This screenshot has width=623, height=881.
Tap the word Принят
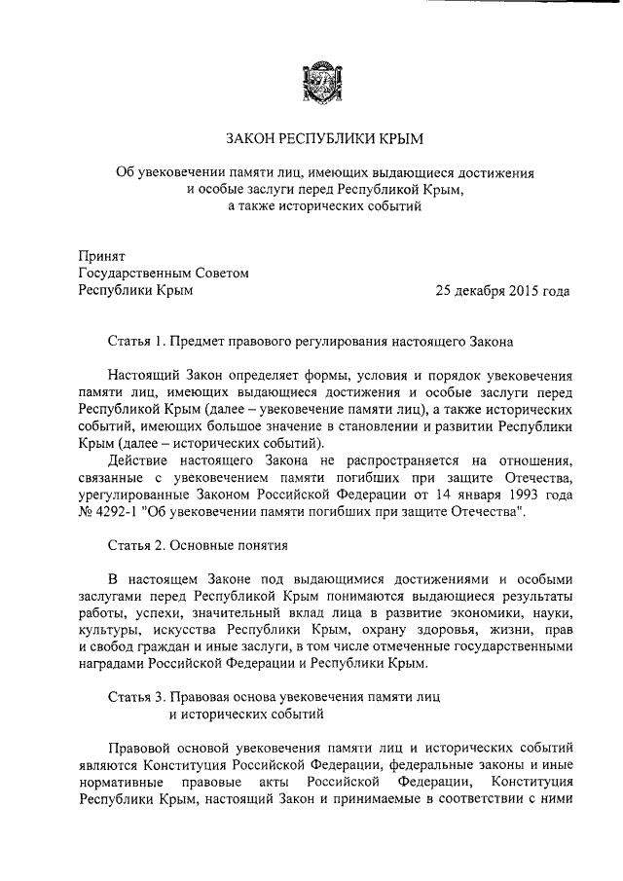click(100, 257)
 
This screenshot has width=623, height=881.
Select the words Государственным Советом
click(164, 274)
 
